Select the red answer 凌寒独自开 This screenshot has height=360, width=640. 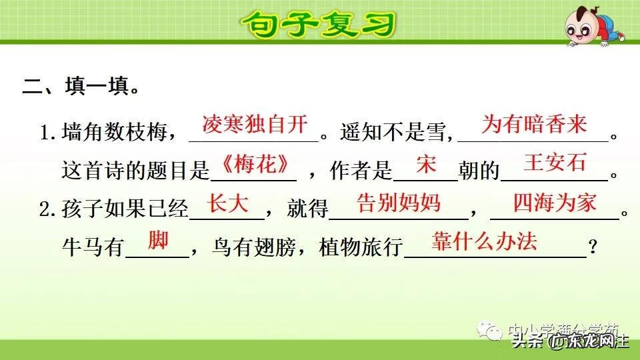[255, 125]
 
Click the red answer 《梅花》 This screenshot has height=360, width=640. [254, 163]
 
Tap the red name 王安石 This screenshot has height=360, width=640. [555, 163]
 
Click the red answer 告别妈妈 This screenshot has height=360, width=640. [399, 203]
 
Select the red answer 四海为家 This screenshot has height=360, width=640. [555, 203]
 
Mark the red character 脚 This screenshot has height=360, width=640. [158, 241]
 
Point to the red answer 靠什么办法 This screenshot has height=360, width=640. [484, 241]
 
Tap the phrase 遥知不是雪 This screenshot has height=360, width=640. [392, 133]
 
